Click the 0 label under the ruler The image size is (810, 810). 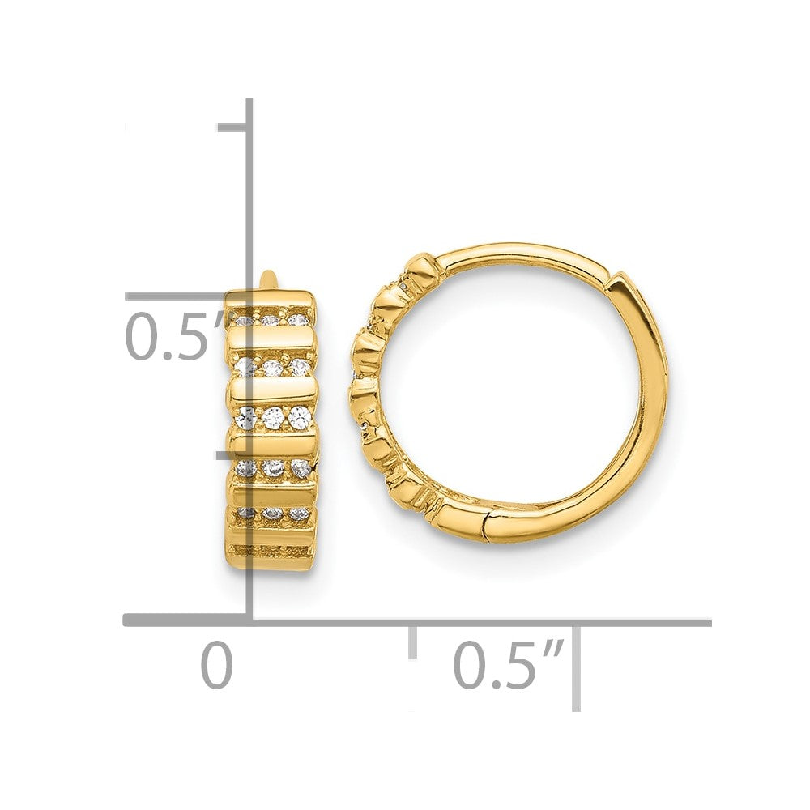click(x=216, y=666)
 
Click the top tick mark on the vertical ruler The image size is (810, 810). click(x=233, y=127)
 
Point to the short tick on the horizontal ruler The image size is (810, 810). click(x=412, y=640)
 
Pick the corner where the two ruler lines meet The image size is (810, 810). click(x=250, y=622)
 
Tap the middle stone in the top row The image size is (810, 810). click(x=271, y=321)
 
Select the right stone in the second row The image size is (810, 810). click(x=300, y=366)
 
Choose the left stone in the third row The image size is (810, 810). click(x=246, y=417)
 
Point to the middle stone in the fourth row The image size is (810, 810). click(x=273, y=467)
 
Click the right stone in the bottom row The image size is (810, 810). click(x=300, y=514)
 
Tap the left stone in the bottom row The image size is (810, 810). click(x=245, y=514)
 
